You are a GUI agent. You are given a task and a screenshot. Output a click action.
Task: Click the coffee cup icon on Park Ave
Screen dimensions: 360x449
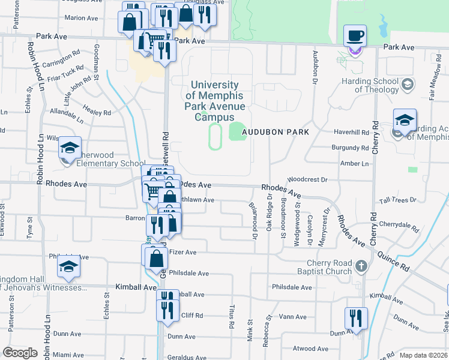point(355,35)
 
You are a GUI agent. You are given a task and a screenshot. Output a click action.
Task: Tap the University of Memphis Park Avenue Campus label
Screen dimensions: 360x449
point(214,101)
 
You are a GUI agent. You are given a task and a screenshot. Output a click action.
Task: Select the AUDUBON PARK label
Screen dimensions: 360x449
point(275,132)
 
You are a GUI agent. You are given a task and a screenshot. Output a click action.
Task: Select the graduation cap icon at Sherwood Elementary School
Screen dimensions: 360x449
point(70,147)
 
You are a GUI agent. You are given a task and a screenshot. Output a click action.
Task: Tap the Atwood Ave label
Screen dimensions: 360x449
point(310,349)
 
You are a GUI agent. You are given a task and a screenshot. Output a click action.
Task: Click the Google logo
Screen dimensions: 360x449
point(20,353)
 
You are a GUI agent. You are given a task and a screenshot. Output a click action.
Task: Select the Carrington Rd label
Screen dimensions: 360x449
point(61,57)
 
